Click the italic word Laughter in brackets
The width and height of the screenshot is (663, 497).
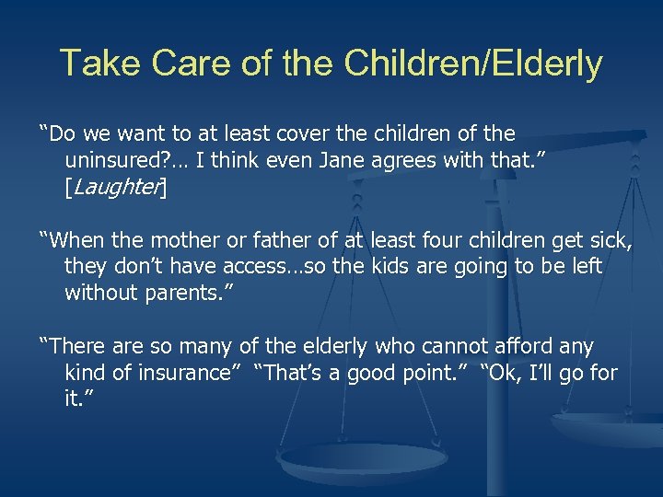pos(116,189)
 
